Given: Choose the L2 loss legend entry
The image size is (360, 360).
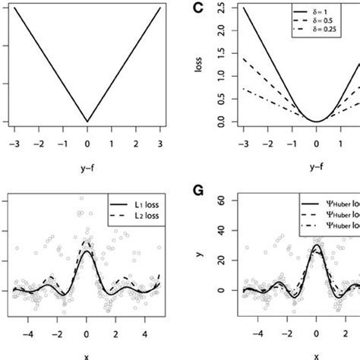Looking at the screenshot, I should tap(137, 217).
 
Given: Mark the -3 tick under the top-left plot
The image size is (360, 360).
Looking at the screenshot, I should tap(13, 142).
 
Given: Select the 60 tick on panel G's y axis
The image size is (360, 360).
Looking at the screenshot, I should tap(221, 201).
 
